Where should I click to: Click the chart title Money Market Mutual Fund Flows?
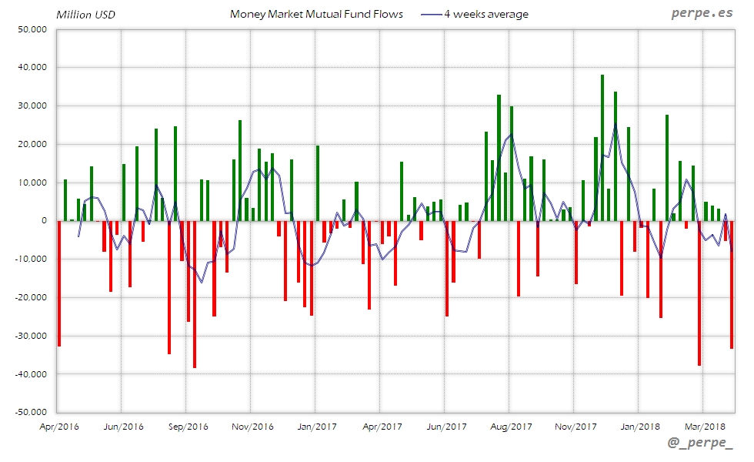click(316, 14)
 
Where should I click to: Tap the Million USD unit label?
click(85, 15)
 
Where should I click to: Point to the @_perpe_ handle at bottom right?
click(701, 444)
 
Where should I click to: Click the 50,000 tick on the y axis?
click(33, 29)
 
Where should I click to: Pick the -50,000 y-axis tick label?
click(32, 412)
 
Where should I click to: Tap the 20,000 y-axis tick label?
click(33, 144)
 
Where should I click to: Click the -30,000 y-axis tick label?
click(32, 336)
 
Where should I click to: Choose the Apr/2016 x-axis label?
click(58, 426)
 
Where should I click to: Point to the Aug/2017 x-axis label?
click(510, 426)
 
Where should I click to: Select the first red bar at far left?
click(59, 283)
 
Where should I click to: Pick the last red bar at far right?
click(731, 284)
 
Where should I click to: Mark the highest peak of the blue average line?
click(615, 124)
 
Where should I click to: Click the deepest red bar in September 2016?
click(195, 293)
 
